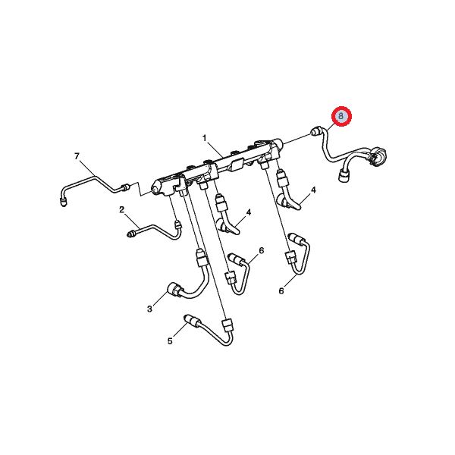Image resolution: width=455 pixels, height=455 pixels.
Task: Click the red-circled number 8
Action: pos(341,116)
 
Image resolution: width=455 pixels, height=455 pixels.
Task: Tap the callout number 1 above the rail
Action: pos(205,138)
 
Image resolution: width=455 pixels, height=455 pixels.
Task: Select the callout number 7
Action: pos(77,156)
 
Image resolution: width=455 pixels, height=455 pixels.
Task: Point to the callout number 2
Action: pos(121,209)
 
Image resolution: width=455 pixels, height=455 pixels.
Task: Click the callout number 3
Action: pos(149,309)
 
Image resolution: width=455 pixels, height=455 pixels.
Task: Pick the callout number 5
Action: pos(170,341)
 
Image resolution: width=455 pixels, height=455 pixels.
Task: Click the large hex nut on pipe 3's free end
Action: pos(174,290)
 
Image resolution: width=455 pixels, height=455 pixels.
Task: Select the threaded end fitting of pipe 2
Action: pos(132,233)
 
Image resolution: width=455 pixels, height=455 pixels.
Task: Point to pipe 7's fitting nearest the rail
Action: pos(126,187)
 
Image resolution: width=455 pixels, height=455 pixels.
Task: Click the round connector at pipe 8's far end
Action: pos(378,155)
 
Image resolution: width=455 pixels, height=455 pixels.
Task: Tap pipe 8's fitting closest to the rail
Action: pos(315,131)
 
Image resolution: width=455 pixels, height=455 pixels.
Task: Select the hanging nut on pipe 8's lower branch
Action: pos(344,176)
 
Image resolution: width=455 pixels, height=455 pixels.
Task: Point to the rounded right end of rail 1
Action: pos(278,143)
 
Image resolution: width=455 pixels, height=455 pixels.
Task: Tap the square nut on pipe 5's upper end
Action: pos(227,325)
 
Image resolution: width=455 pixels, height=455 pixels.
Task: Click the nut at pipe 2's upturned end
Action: pos(177,225)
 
